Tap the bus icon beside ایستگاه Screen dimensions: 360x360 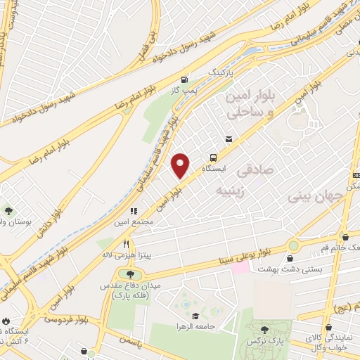212,157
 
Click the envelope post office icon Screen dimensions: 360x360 229,139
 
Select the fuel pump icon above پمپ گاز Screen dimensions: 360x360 184,80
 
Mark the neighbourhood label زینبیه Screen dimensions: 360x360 231,190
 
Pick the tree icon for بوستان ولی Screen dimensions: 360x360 9,210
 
